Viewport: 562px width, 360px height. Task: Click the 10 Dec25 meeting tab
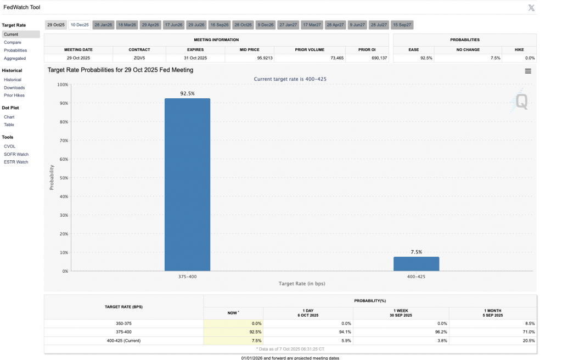79,25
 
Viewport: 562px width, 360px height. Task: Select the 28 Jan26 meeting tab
103,25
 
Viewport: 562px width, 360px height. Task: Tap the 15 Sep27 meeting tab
402,25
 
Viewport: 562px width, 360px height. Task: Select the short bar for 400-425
416,263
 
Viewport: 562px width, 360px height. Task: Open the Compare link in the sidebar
12,42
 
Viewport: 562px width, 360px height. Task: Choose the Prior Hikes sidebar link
14,95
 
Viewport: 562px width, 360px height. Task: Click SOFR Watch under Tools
16,154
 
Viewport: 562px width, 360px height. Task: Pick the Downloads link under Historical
14,88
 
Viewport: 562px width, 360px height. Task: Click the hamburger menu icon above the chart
527,71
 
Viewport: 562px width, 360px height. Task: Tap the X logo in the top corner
531,7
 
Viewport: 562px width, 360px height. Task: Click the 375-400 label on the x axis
187,277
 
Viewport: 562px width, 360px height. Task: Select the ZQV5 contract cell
139,58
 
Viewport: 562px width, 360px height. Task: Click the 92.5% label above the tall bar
187,94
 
